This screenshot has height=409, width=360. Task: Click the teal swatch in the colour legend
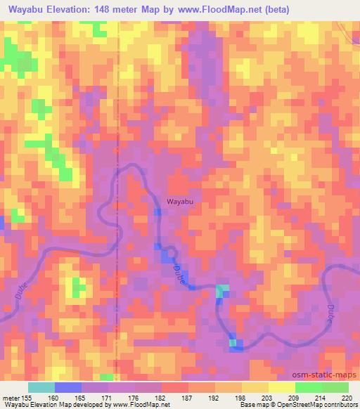click(41, 387)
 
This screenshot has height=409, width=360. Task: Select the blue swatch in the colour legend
click(68, 387)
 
